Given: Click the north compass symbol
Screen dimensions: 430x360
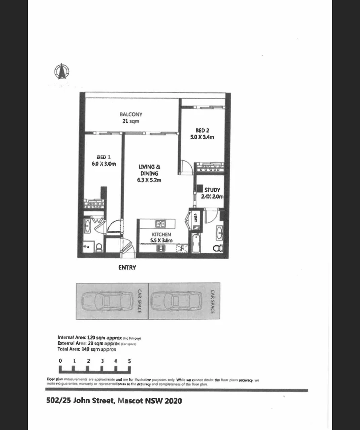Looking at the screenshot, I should point(62,71).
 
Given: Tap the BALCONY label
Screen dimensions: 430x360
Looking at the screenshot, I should point(131,114).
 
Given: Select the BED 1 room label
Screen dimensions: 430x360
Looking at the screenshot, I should point(101,157).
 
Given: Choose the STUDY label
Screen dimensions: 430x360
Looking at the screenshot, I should point(212,190).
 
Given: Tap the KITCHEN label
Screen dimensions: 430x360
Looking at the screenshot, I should point(161,235).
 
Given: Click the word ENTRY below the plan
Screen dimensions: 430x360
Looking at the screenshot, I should point(127,268).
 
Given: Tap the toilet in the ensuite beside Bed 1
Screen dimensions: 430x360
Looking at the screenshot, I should point(99,247).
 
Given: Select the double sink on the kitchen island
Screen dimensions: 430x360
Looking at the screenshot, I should point(160,223).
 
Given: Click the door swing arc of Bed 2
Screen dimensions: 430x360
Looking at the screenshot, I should point(185,166).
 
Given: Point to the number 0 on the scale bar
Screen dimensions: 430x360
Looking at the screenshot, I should point(60,361).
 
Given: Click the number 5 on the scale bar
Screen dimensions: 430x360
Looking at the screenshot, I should point(129,361).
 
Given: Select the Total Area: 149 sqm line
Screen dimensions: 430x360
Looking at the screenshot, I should point(87,349).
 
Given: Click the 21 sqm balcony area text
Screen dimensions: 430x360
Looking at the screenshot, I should point(131,121).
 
